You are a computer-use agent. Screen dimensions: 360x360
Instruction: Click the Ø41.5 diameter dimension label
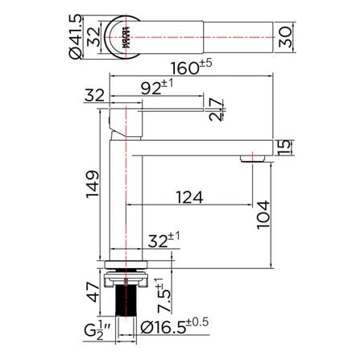(x=75, y=36)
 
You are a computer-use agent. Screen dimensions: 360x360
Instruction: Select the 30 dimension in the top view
(x=285, y=37)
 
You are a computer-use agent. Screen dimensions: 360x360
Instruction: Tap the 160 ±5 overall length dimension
(x=192, y=67)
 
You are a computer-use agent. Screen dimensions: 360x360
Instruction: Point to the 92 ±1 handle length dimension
(x=157, y=87)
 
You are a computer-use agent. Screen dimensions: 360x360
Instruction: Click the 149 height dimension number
(x=93, y=184)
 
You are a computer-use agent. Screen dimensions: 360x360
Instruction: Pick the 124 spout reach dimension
(x=189, y=197)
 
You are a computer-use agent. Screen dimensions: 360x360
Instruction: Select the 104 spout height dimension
(x=263, y=215)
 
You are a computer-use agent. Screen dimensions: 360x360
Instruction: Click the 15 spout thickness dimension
(x=284, y=147)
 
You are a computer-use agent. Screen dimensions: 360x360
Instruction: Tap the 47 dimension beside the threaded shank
(x=93, y=292)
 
